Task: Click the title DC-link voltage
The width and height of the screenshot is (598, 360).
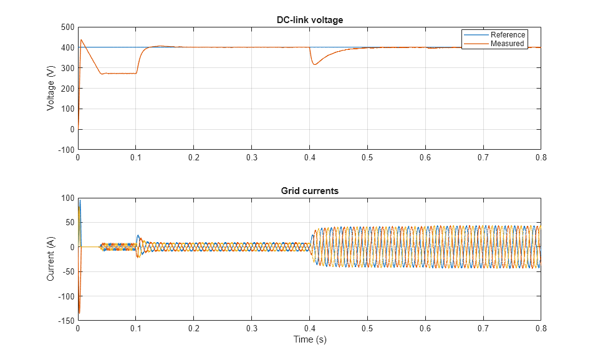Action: click(x=309, y=20)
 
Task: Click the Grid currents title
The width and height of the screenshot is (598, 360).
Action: click(x=309, y=191)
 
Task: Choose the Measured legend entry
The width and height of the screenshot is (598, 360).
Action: click(x=507, y=44)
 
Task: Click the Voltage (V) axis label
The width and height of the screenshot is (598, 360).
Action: click(x=51, y=88)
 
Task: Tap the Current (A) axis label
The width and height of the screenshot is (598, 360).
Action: click(x=51, y=259)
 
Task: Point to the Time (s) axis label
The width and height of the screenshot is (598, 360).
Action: click(x=309, y=340)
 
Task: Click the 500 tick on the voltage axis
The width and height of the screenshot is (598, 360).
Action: click(x=65, y=27)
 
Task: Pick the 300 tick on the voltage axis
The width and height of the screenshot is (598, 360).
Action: click(x=65, y=68)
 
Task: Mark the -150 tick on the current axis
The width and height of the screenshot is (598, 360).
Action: click(x=64, y=321)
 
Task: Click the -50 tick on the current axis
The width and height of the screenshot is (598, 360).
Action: click(x=66, y=272)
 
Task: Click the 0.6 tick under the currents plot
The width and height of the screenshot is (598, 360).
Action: click(x=425, y=329)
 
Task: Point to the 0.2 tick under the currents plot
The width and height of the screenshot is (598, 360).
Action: click(x=193, y=329)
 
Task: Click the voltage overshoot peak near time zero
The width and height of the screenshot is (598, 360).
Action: click(x=81, y=40)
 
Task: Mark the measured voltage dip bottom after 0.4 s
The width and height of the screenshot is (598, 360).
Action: click(x=315, y=64)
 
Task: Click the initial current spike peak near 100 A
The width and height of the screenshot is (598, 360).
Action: click(x=79, y=200)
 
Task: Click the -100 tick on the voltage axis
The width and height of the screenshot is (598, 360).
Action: click(x=64, y=150)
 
